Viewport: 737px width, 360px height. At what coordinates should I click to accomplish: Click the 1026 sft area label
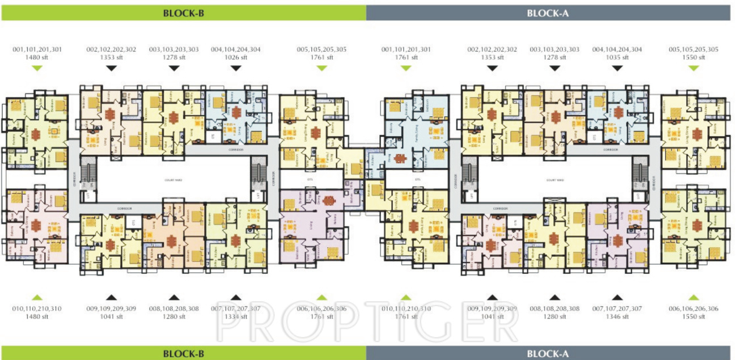click(x=236, y=57)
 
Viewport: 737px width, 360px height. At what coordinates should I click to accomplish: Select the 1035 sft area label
click(x=617, y=57)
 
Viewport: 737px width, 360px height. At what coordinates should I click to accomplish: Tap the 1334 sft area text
click(x=236, y=317)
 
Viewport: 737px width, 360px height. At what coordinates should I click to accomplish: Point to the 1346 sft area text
click(x=617, y=317)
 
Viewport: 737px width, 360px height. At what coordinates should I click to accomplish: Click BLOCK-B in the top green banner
click(x=183, y=12)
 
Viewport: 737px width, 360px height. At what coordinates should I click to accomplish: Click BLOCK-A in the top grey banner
click(x=547, y=12)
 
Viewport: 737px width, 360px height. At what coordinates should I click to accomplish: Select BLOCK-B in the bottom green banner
click(x=183, y=354)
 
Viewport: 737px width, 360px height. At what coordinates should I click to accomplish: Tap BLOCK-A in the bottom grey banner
click(x=547, y=354)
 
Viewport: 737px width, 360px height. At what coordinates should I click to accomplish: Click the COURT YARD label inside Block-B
click(x=172, y=180)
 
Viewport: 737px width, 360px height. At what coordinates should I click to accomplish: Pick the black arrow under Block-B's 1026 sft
click(x=236, y=68)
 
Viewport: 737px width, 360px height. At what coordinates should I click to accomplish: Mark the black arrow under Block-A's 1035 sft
click(x=617, y=68)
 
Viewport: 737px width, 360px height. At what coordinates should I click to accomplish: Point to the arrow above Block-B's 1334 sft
click(x=236, y=297)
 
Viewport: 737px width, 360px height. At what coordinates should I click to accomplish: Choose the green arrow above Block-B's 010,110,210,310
click(x=37, y=297)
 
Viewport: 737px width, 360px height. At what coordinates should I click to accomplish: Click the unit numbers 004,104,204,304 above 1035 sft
click(x=617, y=50)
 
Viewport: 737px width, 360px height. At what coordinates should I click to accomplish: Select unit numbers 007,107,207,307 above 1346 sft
click(x=617, y=309)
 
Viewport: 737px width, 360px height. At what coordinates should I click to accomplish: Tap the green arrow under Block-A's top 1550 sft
click(x=693, y=68)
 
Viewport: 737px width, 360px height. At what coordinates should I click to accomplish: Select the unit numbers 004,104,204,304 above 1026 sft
click(x=236, y=50)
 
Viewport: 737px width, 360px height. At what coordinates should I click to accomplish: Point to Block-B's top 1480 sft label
click(x=37, y=57)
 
